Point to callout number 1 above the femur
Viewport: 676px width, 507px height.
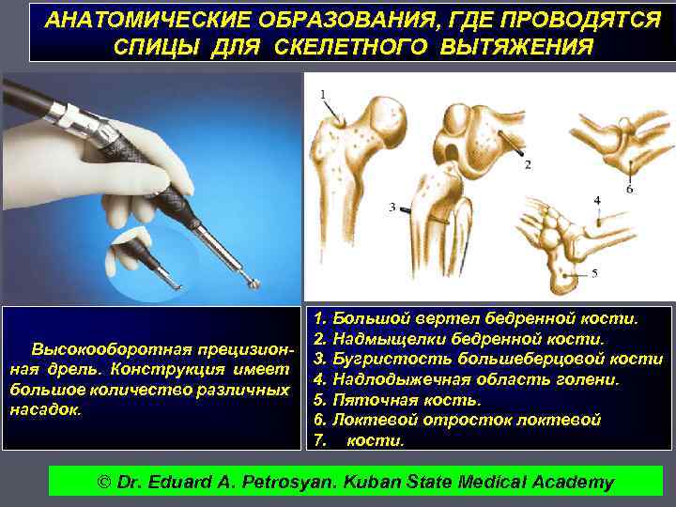(x=323, y=94)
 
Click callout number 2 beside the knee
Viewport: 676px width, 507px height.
(x=527, y=164)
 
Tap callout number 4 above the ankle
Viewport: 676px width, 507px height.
(x=597, y=201)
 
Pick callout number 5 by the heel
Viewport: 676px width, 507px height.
(x=594, y=272)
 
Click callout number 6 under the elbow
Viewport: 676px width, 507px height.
(x=630, y=190)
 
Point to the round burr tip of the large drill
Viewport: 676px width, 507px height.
(x=253, y=280)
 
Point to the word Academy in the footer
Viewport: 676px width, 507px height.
(x=571, y=483)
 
